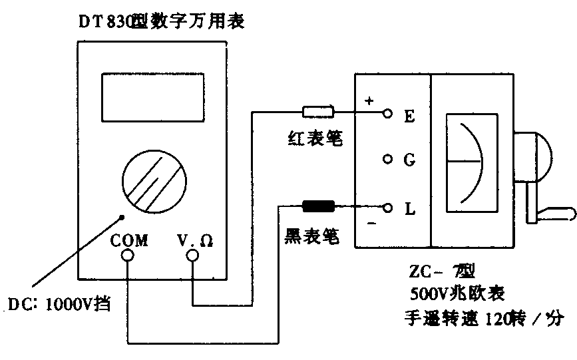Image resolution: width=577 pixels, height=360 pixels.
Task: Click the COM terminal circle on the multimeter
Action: tap(126, 255)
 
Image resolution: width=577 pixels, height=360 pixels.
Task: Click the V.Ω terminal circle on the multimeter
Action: tap(192, 255)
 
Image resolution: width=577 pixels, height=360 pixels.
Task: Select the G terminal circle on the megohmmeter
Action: tap(387, 160)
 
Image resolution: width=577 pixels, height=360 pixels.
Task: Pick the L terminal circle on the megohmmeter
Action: tap(387, 207)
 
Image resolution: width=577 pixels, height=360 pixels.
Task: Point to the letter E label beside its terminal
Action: tap(409, 116)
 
